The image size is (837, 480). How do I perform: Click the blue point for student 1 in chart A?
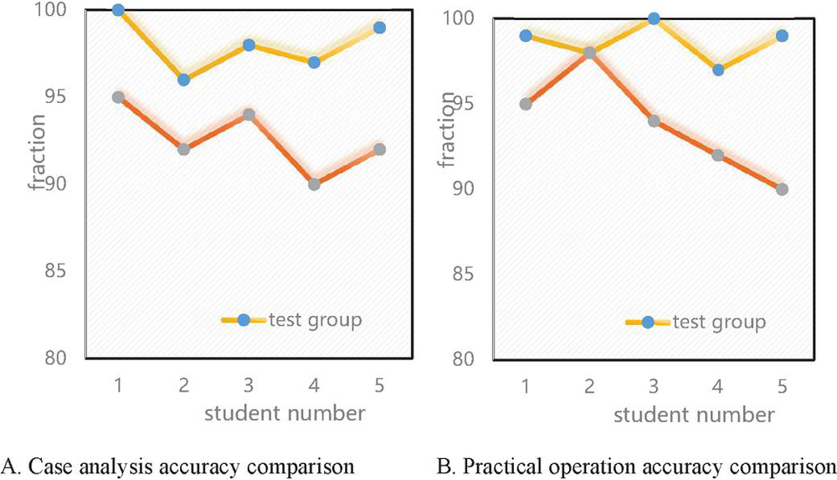(x=118, y=10)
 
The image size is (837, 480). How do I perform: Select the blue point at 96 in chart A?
(x=183, y=80)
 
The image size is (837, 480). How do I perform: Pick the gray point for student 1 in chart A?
(x=118, y=97)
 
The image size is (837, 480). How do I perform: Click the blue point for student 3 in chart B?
(x=654, y=18)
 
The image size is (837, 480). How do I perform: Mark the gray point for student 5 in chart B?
(x=782, y=189)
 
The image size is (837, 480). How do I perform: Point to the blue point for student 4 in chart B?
(x=717, y=70)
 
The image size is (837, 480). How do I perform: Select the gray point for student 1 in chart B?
(x=526, y=105)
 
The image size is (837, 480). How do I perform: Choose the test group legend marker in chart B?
(x=649, y=322)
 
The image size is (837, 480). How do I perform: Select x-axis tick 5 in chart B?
(x=782, y=388)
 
